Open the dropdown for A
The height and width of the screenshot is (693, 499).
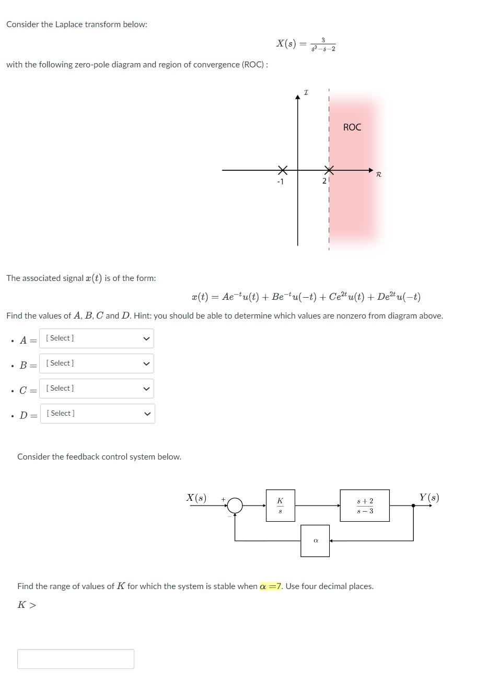tap(96, 338)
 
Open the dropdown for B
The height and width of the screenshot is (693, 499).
tap(96, 363)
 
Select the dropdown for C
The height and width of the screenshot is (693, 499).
tap(96, 389)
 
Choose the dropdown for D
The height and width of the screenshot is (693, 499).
tap(97, 414)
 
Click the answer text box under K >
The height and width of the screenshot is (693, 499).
tap(76, 659)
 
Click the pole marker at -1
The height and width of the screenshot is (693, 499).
tap(282, 170)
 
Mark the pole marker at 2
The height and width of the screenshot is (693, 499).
tap(329, 170)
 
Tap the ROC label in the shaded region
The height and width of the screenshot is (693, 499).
tap(352, 127)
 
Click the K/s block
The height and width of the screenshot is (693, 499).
tap(280, 506)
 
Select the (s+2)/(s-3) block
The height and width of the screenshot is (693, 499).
tap(365, 506)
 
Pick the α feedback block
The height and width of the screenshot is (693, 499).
tap(315, 541)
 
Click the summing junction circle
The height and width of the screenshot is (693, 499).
tap(235, 506)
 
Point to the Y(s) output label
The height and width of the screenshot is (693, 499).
tap(429, 497)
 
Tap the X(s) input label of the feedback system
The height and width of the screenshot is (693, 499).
tap(196, 498)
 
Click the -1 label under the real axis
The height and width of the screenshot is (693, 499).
tap(280, 182)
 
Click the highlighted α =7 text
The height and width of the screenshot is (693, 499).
tap(271, 586)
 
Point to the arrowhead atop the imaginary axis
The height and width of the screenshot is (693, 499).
tap(298, 97)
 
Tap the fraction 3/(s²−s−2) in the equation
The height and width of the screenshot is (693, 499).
tap(323, 44)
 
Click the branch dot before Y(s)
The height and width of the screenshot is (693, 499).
tap(413, 506)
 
